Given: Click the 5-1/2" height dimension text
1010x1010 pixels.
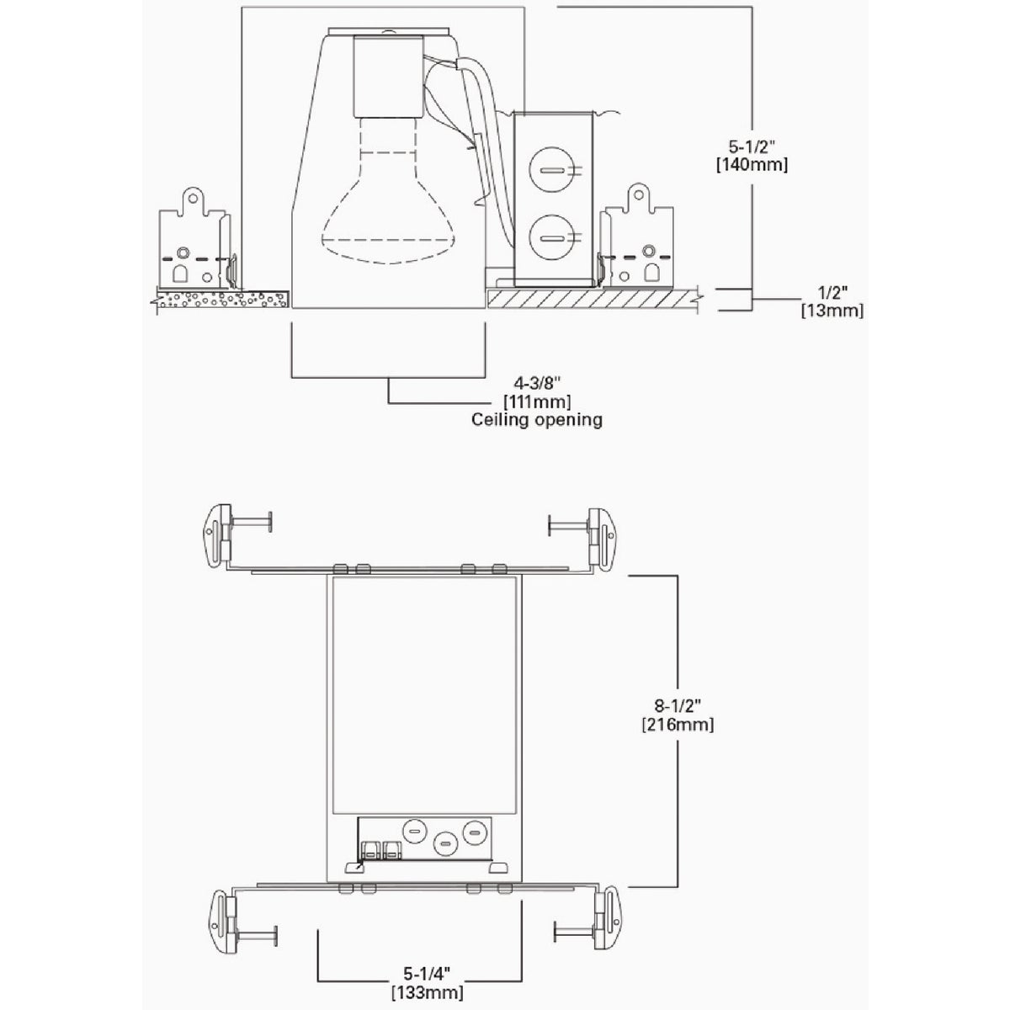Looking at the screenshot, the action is (751, 146).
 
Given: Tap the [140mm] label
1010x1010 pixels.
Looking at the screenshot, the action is (752, 165).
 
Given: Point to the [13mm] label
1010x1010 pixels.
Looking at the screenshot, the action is (832, 311).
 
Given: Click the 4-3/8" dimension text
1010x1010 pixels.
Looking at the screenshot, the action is (534, 384).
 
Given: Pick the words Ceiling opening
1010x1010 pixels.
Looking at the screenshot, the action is (537, 420).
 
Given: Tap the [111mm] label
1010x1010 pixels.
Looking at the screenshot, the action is (537, 402).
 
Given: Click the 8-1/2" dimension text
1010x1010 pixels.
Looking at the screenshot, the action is (678, 706).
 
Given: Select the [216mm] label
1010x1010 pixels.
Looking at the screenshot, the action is (678, 725).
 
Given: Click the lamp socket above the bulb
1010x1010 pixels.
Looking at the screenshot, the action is (388, 76).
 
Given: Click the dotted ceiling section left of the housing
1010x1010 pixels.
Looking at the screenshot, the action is (222, 300).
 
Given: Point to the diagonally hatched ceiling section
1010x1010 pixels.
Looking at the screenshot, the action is (593, 300).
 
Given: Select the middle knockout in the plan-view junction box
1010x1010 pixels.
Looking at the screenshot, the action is (445, 857).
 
